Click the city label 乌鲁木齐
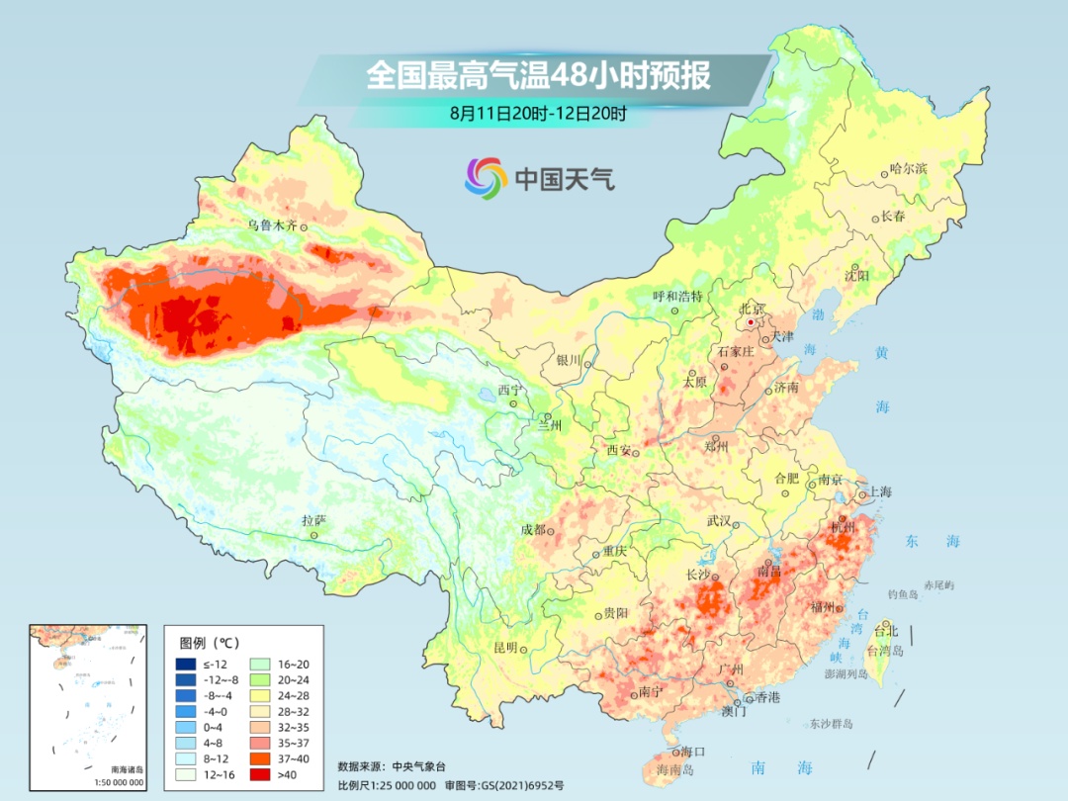[271, 225]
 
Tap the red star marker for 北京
[752, 322]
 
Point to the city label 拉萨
[312, 520]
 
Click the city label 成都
[532, 529]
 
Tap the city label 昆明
[504, 647]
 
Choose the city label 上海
[879, 491]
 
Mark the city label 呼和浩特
[677, 296]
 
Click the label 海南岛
[677, 768]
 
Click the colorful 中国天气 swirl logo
[486, 178]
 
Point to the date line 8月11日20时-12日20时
[538, 114]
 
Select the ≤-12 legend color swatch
[185, 664]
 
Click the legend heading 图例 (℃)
[209, 641]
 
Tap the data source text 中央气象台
[419, 765]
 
